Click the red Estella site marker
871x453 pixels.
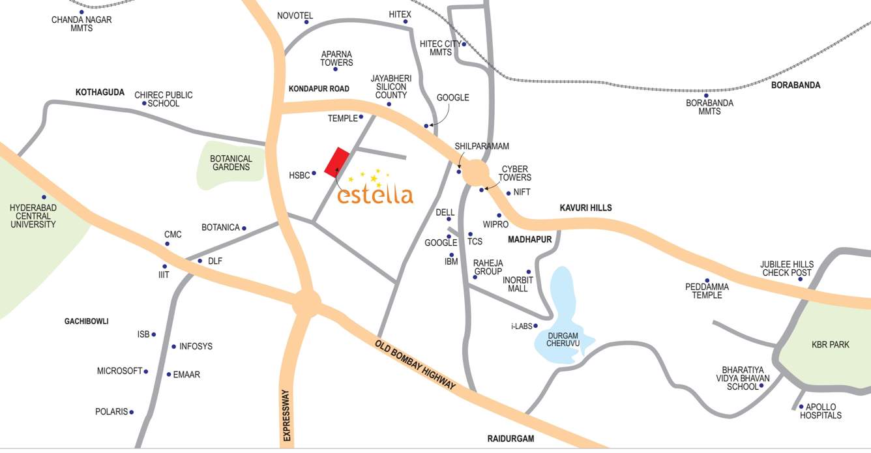[x=336, y=162]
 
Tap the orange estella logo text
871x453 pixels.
[x=376, y=194]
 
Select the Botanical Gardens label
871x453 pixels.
[x=231, y=163]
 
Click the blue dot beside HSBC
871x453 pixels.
[x=314, y=173]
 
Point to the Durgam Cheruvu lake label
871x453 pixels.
[x=564, y=339]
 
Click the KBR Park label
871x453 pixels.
[x=831, y=345]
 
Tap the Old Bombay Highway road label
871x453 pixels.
[x=415, y=365]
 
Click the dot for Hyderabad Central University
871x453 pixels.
[x=44, y=197]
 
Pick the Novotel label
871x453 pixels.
[x=295, y=16]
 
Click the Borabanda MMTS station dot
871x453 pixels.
[x=706, y=95]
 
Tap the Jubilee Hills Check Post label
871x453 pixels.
[x=786, y=269]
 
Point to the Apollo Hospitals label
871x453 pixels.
[x=820, y=411]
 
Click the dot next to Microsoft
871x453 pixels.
[x=145, y=372]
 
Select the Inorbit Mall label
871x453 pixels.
[x=518, y=284]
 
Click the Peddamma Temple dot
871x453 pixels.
[x=707, y=281]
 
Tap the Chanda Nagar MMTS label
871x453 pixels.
[x=81, y=24]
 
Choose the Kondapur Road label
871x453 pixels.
[x=319, y=89]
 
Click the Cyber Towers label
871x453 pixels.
[x=514, y=173]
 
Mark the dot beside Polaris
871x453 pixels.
[x=131, y=412]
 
